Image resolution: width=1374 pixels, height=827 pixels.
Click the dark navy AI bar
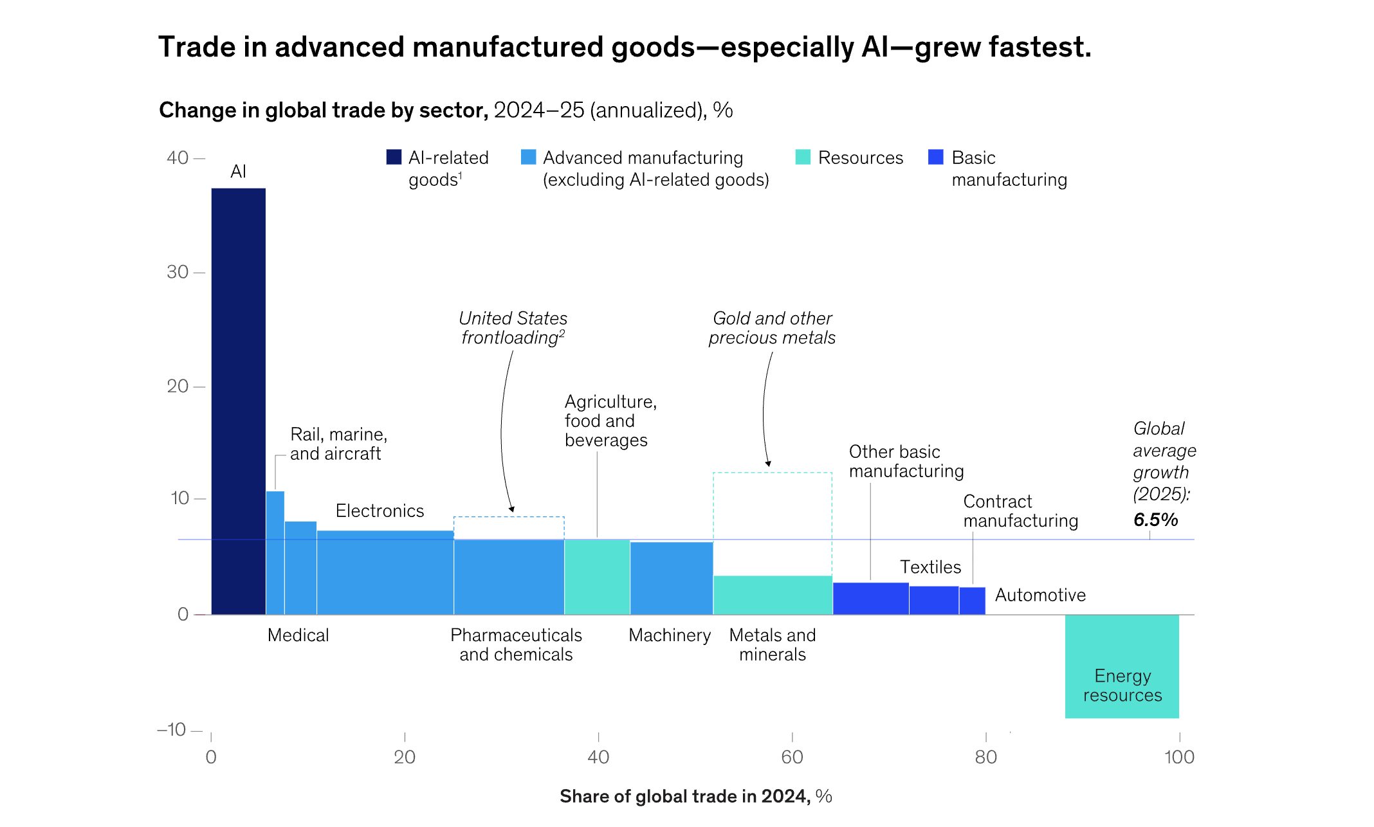[x=238, y=399]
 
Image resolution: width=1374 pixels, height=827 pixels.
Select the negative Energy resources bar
[x=1122, y=666]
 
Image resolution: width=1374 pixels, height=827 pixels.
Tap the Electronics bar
[x=385, y=572]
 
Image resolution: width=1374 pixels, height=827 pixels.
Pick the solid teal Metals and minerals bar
[x=773, y=595]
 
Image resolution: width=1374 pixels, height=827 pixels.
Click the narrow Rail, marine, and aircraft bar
[x=275, y=553]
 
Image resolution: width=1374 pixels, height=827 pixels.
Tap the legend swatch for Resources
[x=803, y=158]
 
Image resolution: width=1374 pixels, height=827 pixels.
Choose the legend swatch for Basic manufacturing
[x=936, y=158]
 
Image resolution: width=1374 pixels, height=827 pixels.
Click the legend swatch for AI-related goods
[x=394, y=158]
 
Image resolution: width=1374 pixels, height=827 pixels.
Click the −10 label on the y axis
[x=171, y=729]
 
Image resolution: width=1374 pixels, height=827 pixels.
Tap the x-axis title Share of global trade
[x=695, y=796]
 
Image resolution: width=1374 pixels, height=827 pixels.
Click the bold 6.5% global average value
[x=1155, y=520]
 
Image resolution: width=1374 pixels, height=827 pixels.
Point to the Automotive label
[x=1040, y=595]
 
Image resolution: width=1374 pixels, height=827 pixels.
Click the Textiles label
[x=930, y=567]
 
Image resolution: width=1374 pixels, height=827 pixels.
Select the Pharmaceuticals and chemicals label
[x=516, y=644]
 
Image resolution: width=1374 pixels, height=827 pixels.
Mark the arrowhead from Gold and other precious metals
[x=768, y=464]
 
